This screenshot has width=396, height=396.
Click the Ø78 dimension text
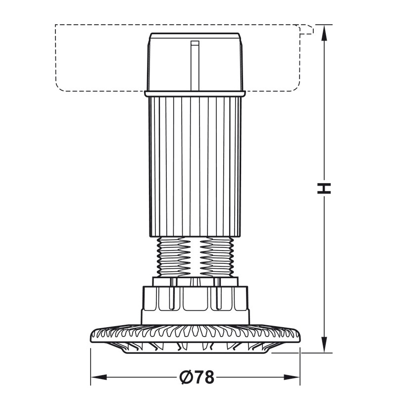point(197,377)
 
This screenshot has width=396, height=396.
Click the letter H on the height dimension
point(324,189)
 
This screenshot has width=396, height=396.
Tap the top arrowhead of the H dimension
point(324,33)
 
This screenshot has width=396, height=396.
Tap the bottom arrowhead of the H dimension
point(324,345)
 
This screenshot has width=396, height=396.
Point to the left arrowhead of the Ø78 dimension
point(99,377)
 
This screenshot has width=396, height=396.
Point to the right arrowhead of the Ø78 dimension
point(292,377)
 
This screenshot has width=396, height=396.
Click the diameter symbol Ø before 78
point(187,377)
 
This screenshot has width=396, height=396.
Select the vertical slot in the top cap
point(195,65)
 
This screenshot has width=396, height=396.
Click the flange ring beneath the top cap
point(195,94)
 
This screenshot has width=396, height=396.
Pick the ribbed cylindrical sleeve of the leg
point(195,167)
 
